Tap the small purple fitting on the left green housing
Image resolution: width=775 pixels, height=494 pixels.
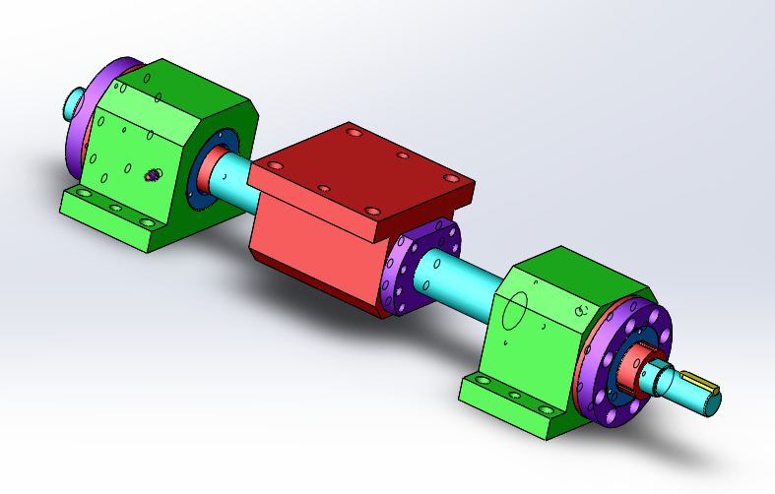[152, 175]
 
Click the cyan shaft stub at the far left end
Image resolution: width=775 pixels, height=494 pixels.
[76, 100]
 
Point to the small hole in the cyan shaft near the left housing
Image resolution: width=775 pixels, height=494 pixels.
[226, 175]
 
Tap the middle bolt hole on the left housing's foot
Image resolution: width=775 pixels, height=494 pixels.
[115, 209]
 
